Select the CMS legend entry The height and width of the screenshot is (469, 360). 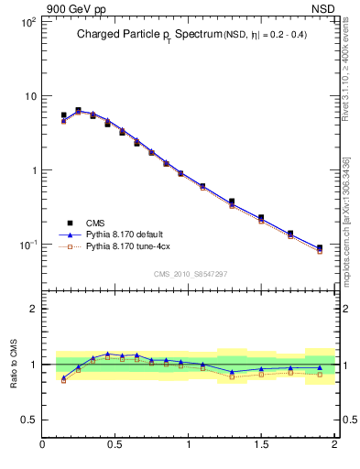[x=95, y=223]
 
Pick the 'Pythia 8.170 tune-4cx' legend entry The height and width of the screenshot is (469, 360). [x=127, y=247]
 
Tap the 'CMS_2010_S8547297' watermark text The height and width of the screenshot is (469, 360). [x=190, y=274]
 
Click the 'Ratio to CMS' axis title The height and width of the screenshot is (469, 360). [x=13, y=364]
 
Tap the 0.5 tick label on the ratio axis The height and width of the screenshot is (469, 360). [x=27, y=420]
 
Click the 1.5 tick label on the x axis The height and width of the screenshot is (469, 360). [x=261, y=445]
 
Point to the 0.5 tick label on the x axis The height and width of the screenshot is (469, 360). [x=115, y=445]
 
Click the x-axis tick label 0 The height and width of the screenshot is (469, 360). [x=43, y=445]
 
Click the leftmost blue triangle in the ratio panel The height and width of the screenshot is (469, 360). [x=63, y=377]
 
